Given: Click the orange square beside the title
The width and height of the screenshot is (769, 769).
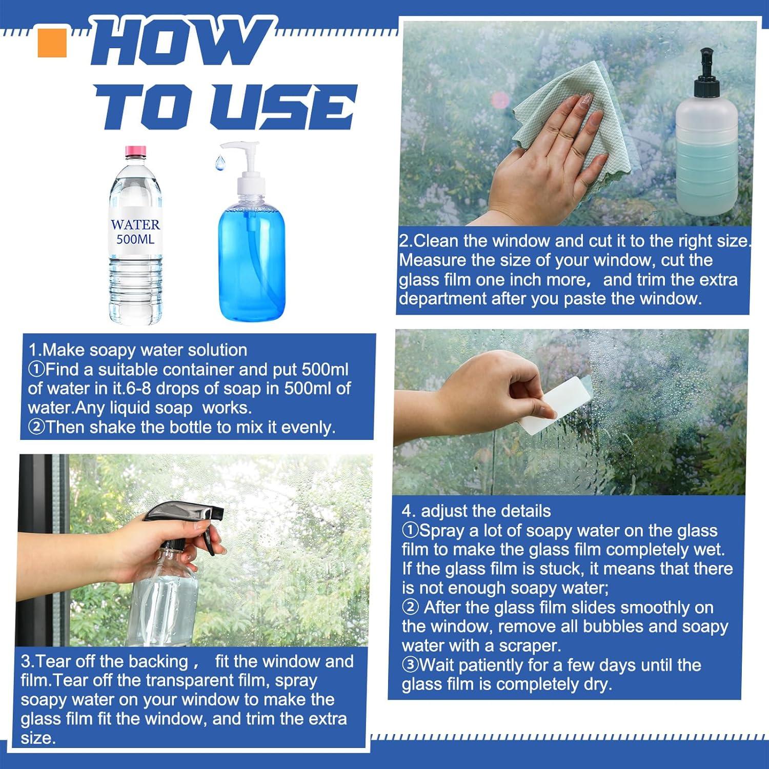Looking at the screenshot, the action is (52, 43).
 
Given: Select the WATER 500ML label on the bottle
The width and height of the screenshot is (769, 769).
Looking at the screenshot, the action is (135, 232).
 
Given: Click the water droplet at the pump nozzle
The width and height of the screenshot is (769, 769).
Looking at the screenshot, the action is (219, 163).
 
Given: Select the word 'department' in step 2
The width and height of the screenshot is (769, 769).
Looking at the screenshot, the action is (443, 299).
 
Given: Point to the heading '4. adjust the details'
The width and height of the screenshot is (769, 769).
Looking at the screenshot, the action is (476, 511).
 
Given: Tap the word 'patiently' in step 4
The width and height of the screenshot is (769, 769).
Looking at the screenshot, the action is (488, 665).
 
